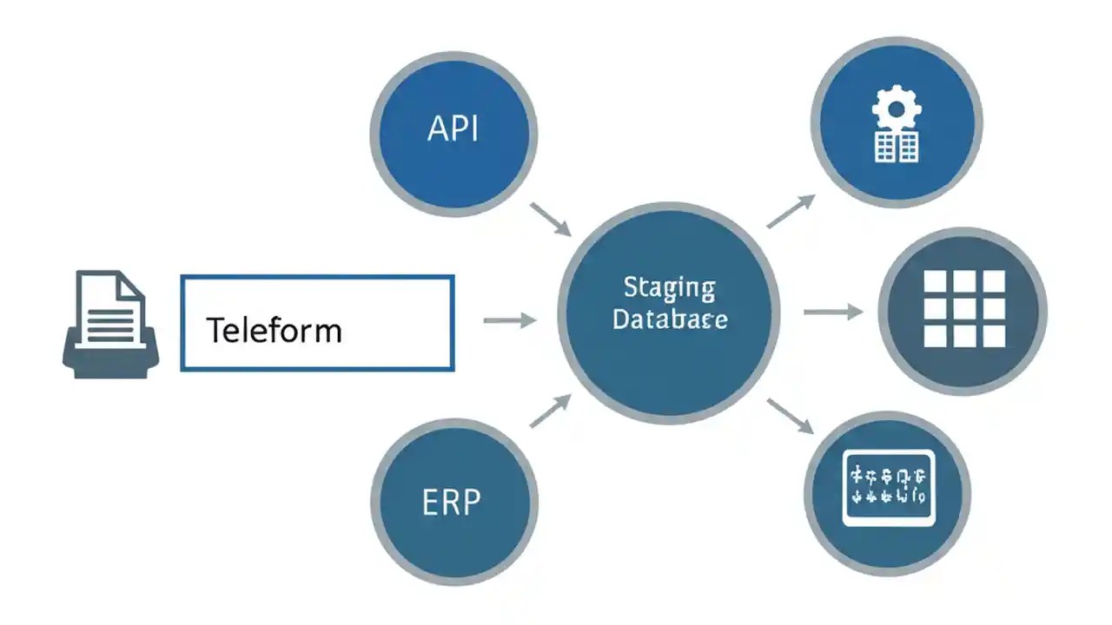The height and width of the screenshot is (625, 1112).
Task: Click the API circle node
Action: [453, 133]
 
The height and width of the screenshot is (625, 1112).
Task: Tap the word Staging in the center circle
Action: [669, 287]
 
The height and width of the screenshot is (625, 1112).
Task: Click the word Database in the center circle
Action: [669, 319]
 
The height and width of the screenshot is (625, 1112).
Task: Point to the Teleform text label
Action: [274, 331]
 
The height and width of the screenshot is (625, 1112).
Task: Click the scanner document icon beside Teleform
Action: [110, 323]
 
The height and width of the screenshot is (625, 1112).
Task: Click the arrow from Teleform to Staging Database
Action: [510, 321]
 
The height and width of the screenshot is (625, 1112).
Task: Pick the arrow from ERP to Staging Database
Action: [551, 411]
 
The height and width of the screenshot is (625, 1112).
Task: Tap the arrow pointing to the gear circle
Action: [791, 211]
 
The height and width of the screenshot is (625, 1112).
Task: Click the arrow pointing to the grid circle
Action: [832, 311]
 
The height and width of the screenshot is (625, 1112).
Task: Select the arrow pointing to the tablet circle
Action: [790, 416]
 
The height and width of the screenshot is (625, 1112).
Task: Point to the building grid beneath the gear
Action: [896, 147]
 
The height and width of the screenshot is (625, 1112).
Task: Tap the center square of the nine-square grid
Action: [963, 309]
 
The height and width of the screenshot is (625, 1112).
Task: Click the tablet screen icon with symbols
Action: [888, 488]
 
